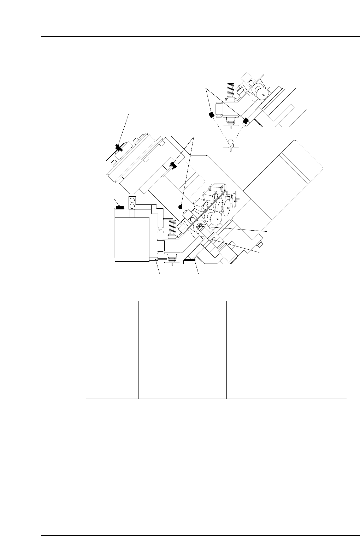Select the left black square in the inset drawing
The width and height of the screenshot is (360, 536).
coord(211,115)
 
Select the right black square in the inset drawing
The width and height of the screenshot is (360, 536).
coord(246,121)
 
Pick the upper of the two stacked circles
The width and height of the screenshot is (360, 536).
coord(132,200)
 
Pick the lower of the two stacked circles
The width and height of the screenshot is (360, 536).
coord(132,206)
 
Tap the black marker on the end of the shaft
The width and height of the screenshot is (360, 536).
coord(173,165)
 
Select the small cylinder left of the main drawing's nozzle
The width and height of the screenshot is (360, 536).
coord(160,246)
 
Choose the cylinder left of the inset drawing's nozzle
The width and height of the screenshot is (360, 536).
coord(218,108)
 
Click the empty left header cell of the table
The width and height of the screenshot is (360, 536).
coord(112,307)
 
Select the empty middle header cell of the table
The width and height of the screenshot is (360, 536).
coord(182,307)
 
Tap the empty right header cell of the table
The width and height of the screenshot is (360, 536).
coord(286,307)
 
